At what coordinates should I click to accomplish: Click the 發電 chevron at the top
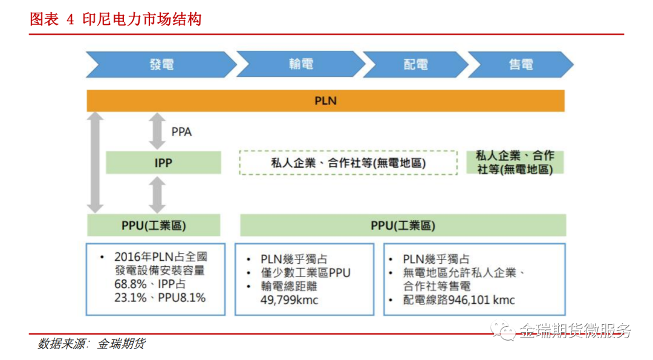click(x=161, y=65)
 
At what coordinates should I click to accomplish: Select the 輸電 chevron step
click(x=301, y=65)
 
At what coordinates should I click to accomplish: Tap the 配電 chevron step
click(x=415, y=65)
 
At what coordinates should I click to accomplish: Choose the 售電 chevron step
click(x=521, y=65)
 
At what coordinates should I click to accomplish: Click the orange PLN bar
click(x=325, y=101)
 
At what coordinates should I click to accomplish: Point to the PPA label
click(x=181, y=132)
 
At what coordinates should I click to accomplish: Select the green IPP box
click(x=163, y=163)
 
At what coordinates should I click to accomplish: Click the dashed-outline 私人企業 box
click(x=348, y=163)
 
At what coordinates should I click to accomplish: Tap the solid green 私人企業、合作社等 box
click(x=515, y=163)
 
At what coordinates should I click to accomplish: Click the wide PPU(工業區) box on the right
click(x=403, y=226)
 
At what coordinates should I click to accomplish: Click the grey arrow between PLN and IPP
click(x=157, y=132)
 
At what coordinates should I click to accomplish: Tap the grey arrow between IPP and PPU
click(x=157, y=195)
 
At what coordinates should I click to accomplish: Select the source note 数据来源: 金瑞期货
click(x=91, y=344)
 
